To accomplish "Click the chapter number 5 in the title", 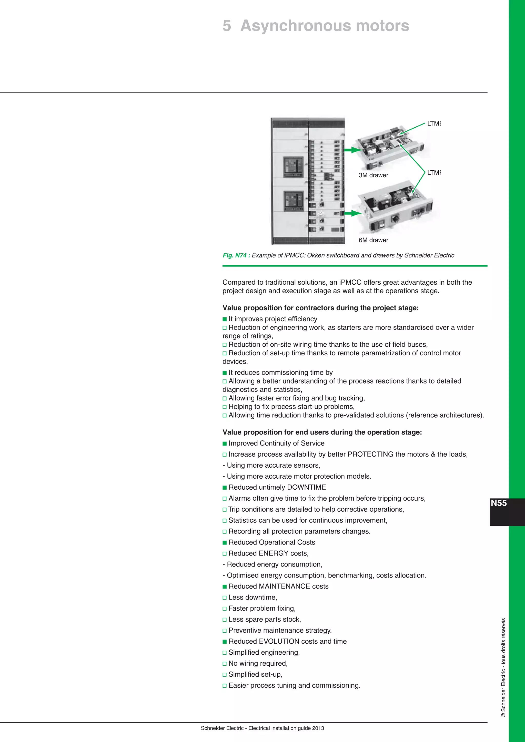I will coord(227,26).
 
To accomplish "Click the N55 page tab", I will coord(499,503).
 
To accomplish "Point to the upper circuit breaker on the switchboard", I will coord(294,167).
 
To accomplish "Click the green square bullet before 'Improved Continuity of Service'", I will coord(225,444).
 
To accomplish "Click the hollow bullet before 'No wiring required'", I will coord(225,663).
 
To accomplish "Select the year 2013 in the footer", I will coord(318,728).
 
